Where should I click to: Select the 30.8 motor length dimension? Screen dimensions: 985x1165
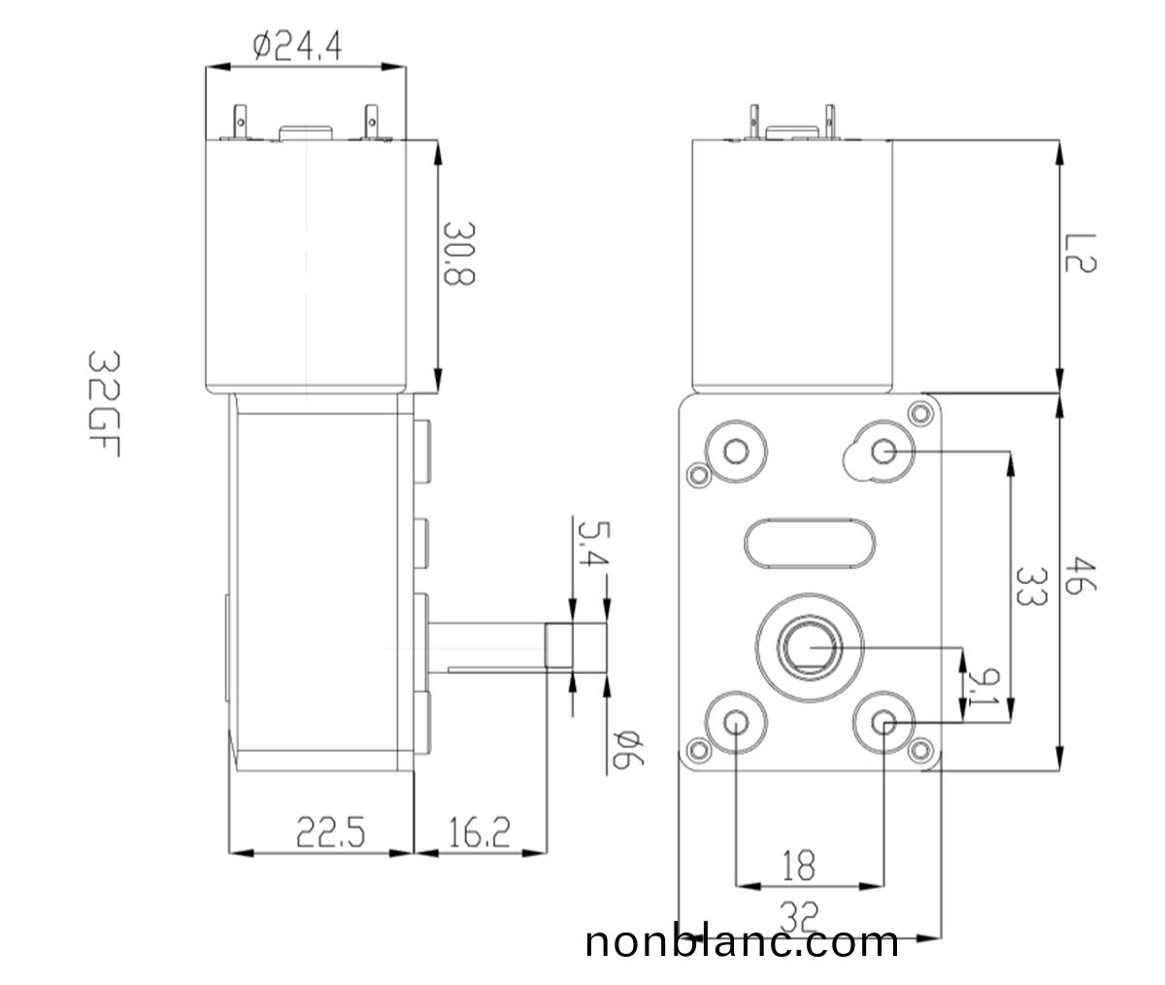458,253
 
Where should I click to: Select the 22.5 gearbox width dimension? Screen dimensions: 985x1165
330,832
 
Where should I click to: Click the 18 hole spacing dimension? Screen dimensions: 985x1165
798,865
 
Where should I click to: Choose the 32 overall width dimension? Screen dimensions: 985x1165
798,914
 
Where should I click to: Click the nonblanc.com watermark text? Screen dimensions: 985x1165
742,942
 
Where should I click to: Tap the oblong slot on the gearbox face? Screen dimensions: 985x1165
812,543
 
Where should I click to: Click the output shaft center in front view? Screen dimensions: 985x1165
809,646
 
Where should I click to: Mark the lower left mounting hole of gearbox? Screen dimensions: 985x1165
735,723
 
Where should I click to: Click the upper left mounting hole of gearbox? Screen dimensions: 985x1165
735,450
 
